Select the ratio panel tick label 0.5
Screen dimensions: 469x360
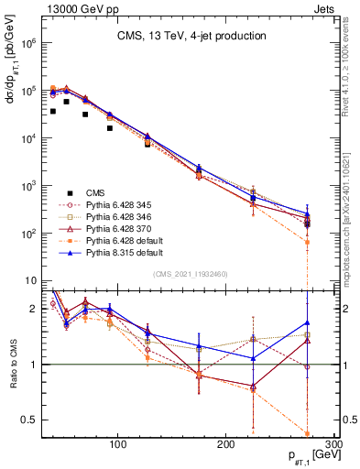point(27,420)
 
